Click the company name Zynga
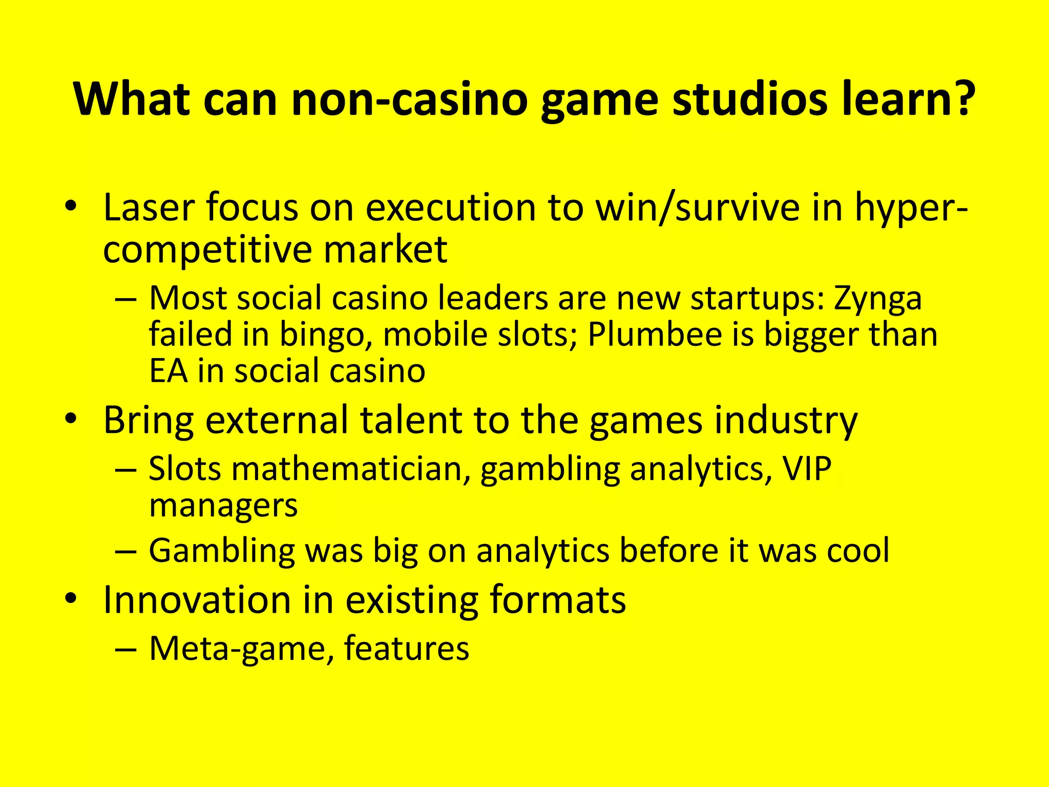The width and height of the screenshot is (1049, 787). [x=877, y=298]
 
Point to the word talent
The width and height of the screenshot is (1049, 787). [x=411, y=420]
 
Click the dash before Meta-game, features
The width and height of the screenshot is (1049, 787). [x=126, y=649]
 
